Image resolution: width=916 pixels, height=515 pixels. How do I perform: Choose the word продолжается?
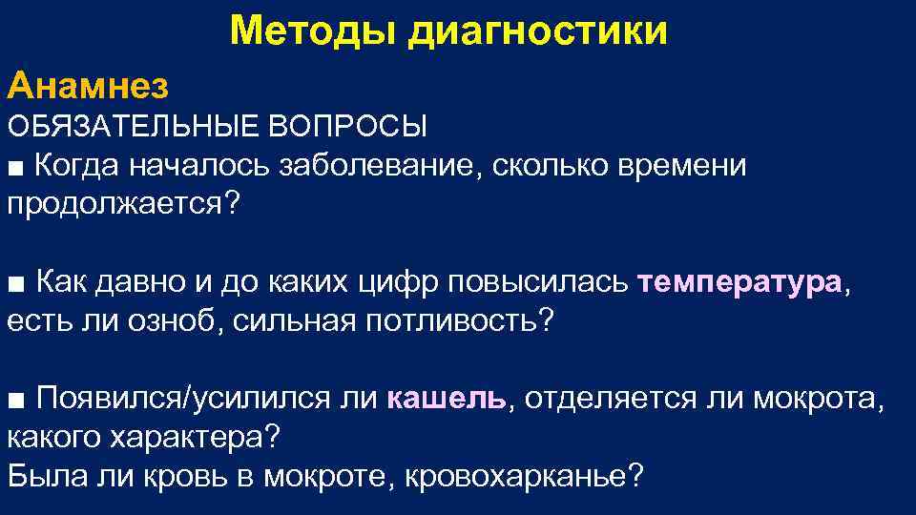coord(120,204)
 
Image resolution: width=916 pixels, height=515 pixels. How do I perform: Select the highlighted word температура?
coord(739,282)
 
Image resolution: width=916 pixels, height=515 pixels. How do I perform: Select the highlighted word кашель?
coord(448,398)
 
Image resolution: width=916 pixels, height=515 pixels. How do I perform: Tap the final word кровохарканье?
coord(526,475)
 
